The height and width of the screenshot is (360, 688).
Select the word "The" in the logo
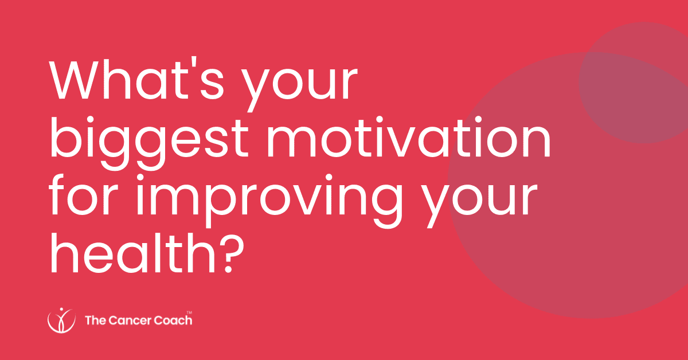(93, 320)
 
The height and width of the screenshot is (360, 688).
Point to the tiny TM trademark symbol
(190, 312)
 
